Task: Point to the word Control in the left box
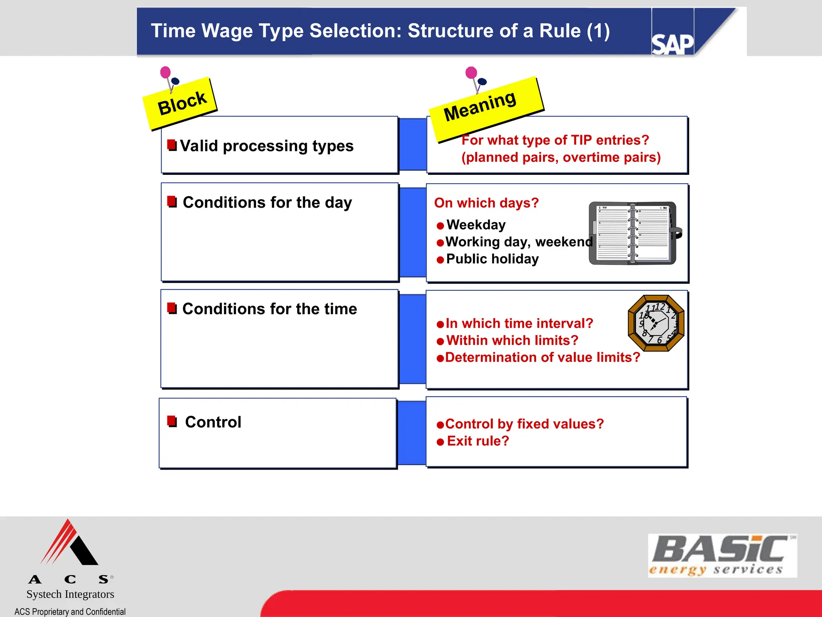pyautogui.click(x=213, y=422)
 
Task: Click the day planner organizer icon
pyautogui.click(x=633, y=233)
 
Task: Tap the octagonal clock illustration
pyautogui.click(x=656, y=323)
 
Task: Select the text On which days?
pyautogui.click(x=486, y=203)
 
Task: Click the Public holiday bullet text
pyautogui.click(x=492, y=259)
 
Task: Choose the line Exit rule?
pyautogui.click(x=478, y=441)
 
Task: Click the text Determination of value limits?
pyautogui.click(x=542, y=358)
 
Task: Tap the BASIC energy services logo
pyautogui.click(x=722, y=556)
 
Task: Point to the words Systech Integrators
pyautogui.click(x=70, y=594)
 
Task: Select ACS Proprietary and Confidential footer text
pyautogui.click(x=70, y=611)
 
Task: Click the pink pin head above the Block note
pyautogui.click(x=165, y=72)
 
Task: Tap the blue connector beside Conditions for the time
pyautogui.click(x=413, y=339)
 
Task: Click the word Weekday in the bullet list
pyautogui.click(x=476, y=225)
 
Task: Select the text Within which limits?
pyautogui.click(x=512, y=341)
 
